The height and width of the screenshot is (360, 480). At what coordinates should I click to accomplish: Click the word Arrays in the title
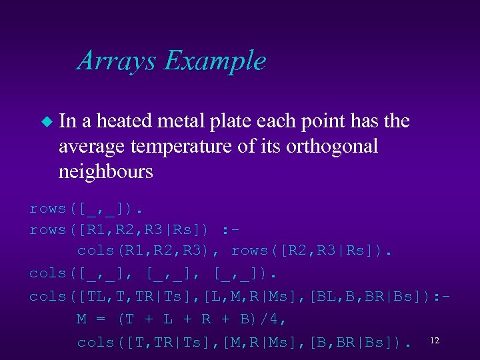click(117, 61)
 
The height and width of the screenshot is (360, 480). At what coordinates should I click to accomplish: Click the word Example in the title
click(215, 61)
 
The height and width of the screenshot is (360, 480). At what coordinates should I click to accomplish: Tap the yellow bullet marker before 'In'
click(46, 121)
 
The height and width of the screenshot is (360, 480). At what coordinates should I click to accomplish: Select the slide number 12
click(435, 341)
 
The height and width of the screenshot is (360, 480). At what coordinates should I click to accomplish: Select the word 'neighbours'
click(106, 171)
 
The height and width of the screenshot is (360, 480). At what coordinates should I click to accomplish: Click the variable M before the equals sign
click(82, 319)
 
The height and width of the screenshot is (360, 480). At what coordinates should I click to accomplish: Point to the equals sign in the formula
click(101, 319)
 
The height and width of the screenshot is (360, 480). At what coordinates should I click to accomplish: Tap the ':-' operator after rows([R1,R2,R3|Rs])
click(231, 230)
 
